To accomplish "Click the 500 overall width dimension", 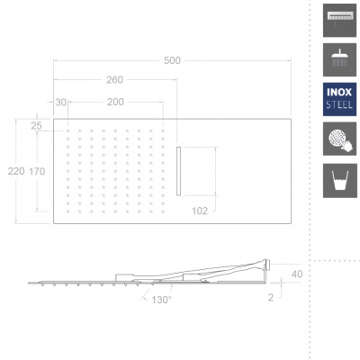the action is pos(172,60).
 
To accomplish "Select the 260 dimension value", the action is pos(115,80).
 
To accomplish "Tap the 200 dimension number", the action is pos(115,102).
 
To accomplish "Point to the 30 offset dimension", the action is pos(60,103).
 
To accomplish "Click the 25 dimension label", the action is pos(36,126).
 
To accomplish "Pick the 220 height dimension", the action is pos(16,171).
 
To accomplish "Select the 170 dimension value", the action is pos(37,171).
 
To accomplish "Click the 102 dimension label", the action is pos(200,211).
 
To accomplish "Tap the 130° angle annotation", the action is pos(161,300).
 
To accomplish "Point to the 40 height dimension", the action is pos(297,274).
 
